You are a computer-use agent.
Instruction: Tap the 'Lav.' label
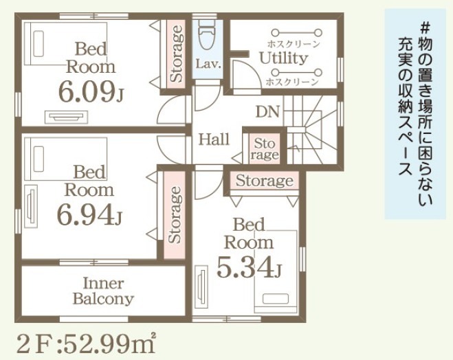pyautogui.click(x=208, y=64)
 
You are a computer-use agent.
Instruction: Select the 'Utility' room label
pyautogui.click(x=283, y=58)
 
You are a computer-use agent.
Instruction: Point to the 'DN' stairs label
pyautogui.click(x=268, y=111)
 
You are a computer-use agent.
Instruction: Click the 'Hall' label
pyautogui.click(x=214, y=139)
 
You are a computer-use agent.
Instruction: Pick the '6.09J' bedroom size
pyautogui.click(x=91, y=92)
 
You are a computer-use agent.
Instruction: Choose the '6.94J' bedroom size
pyautogui.click(x=89, y=214)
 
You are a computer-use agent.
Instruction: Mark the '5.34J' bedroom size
pyautogui.click(x=249, y=267)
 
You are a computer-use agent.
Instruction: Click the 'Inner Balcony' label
pyautogui.click(x=103, y=291)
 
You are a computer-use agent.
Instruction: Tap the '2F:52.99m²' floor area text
pyautogui.click(x=87, y=344)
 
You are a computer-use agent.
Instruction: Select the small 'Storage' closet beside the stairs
pyautogui.click(x=265, y=148)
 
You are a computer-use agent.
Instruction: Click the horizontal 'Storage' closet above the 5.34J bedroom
pyautogui.click(x=265, y=181)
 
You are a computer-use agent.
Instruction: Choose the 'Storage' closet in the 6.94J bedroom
pyautogui.click(x=174, y=215)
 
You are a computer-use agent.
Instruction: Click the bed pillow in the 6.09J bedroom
pyautogui.click(x=38, y=44)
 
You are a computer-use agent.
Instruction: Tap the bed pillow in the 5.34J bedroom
pyautogui.click(x=276, y=299)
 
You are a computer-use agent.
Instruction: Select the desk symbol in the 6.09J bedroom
pyautogui.click(x=67, y=117)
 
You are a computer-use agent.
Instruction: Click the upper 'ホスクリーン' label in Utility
pyautogui.click(x=294, y=44)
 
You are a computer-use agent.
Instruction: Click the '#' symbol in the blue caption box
pyautogui.click(x=425, y=28)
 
